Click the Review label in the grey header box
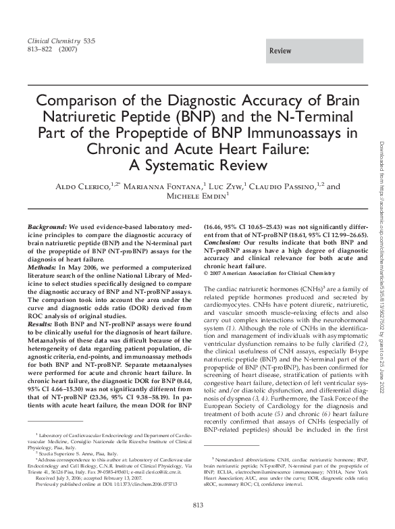[x=280, y=51]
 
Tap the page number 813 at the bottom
[x=199, y=507]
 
